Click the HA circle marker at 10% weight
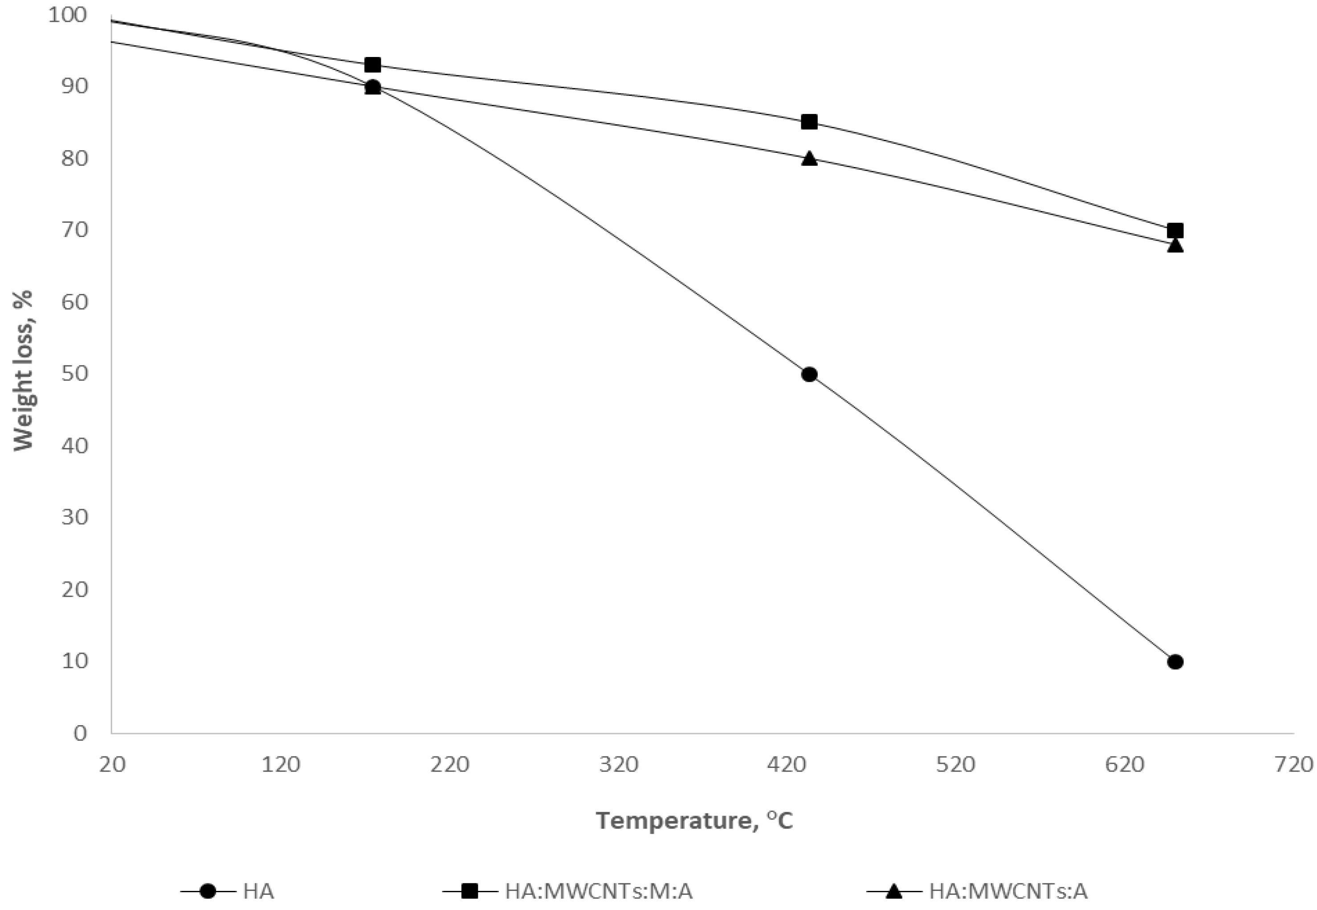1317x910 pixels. point(1175,661)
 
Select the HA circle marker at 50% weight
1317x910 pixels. point(809,375)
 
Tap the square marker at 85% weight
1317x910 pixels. point(809,122)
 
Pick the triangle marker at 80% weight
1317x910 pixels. point(809,159)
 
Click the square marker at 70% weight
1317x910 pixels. point(1175,230)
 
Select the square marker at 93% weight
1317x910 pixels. point(373,65)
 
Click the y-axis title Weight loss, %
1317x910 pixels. point(23,371)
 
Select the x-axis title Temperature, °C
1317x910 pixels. point(694,821)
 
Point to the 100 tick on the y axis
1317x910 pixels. point(68,15)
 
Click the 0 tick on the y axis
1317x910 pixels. point(80,733)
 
